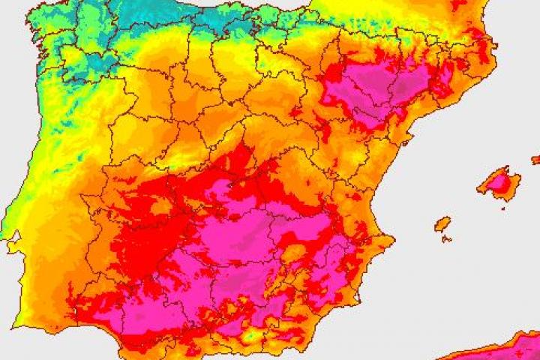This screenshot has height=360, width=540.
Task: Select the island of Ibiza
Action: (x=443, y=223)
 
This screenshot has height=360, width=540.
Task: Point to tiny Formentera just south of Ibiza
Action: (x=446, y=239)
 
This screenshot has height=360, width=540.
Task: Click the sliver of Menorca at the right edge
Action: (x=535, y=159)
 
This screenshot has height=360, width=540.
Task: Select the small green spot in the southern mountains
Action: (x=248, y=337)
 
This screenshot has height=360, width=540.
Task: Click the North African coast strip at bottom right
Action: (x=495, y=349)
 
